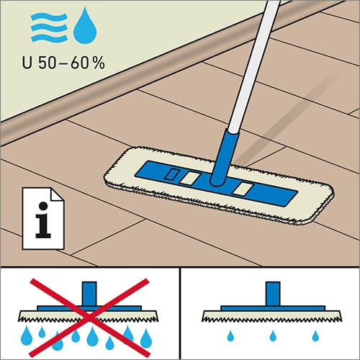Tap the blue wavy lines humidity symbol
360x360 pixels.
pyautogui.click(x=49, y=27)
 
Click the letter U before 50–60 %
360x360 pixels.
pyautogui.click(x=27, y=63)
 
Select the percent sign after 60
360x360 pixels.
pyautogui.click(x=99, y=63)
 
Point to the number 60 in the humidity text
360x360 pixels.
pyautogui.click(x=81, y=63)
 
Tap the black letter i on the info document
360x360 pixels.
pyautogui.click(x=43, y=220)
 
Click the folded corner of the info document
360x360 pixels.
pyautogui.click(x=58, y=194)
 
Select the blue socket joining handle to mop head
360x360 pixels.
pyautogui.click(x=224, y=158)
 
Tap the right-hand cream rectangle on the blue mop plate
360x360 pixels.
pyautogui.click(x=243, y=189)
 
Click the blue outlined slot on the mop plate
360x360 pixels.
pyautogui.click(x=171, y=174)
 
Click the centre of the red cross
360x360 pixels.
pyautogui.click(x=89, y=318)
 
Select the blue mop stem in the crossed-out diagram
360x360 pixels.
pyautogui.click(x=89, y=294)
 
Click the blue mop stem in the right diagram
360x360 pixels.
pyautogui.click(x=273, y=294)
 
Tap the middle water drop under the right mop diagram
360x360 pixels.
pyautogui.click(x=273, y=336)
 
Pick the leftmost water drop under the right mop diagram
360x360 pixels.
pyautogui.click(x=230, y=336)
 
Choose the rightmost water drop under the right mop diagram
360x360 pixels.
pyautogui.click(x=315, y=336)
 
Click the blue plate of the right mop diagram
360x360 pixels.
pyautogui.click(x=273, y=308)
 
